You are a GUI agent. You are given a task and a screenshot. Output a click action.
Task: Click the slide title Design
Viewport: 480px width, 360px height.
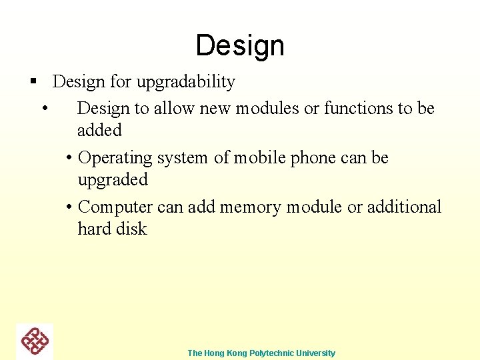tap(240, 45)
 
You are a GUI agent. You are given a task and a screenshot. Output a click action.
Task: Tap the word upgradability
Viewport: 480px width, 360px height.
tap(185, 82)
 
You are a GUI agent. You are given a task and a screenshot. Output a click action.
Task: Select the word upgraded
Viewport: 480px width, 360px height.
tap(113, 180)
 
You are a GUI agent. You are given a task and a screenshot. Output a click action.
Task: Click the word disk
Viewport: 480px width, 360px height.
tap(132, 229)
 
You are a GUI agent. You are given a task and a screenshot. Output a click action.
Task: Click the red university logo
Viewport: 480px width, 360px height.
tap(35, 341)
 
